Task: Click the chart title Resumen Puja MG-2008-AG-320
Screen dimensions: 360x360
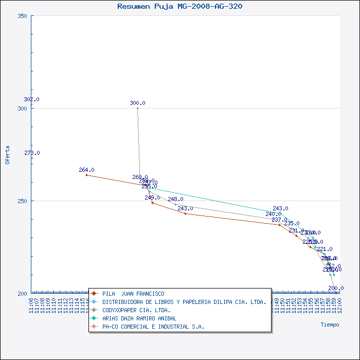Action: point(180,6)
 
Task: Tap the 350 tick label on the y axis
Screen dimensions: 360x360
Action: point(22,16)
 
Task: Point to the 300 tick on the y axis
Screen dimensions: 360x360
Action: point(22,109)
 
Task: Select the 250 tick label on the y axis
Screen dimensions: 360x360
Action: point(22,201)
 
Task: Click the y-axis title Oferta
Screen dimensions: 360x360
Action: point(7,154)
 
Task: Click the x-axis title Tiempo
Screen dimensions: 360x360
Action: point(330,325)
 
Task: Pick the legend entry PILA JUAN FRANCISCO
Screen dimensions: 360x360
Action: point(133,294)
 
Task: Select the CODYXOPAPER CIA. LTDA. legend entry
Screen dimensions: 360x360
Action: point(136,310)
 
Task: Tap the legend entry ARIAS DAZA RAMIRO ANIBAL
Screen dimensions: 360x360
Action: point(139,318)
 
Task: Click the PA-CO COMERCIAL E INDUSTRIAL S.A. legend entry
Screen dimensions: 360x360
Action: point(153,327)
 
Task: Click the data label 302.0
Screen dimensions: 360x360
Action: point(31,99)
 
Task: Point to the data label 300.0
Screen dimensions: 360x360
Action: point(137,103)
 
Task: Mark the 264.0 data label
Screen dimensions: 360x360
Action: point(86,170)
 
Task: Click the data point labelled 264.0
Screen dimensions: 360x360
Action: point(86,175)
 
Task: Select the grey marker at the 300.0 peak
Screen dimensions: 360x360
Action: point(137,108)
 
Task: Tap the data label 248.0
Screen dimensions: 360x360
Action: point(175,199)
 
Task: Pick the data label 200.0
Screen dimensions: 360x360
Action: point(336,288)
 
